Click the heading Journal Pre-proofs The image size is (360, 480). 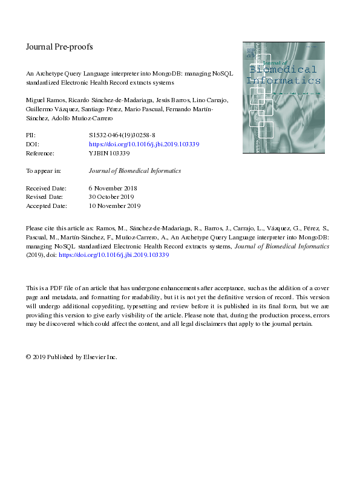59,47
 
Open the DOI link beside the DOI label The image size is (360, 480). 144,145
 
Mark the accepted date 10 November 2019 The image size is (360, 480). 115,206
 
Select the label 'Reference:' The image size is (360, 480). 41,154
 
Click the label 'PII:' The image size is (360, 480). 31,136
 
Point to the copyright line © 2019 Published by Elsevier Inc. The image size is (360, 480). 71,357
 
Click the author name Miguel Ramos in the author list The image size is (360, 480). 44,99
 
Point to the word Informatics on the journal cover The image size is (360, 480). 283,80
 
